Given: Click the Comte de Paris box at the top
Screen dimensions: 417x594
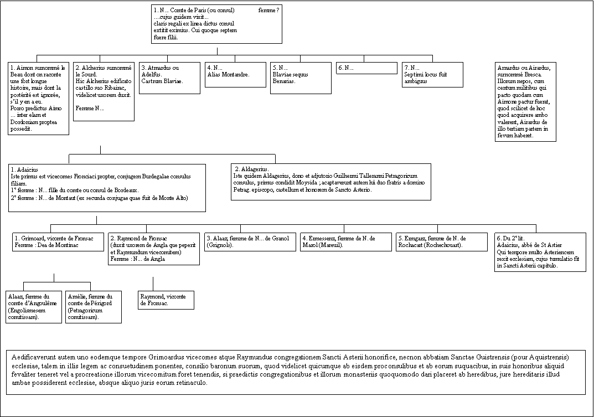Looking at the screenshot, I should pyautogui.click(x=217, y=24).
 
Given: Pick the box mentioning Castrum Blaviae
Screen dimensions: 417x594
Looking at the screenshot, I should pyautogui.click(x=169, y=78).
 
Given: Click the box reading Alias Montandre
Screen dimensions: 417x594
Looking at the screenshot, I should pyautogui.click(x=235, y=74).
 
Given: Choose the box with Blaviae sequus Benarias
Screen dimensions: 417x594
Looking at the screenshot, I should pyautogui.click(x=301, y=78).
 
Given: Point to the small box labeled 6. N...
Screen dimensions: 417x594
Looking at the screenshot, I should pyautogui.click(x=366, y=68).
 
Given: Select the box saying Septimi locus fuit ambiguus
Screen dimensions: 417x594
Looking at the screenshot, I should pyautogui.click(x=432, y=74).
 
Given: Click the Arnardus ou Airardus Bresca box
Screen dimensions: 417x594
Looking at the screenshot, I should pyautogui.click(x=525, y=101).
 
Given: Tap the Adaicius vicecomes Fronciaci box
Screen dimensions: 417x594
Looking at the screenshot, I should pyautogui.click(x=107, y=187).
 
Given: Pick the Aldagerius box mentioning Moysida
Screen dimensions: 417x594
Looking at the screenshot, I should pyautogui.click(x=330, y=182).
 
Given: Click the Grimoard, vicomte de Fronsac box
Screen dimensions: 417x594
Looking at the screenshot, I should pyautogui.click(x=58, y=242).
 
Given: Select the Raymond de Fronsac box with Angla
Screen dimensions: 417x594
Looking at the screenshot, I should pyautogui.click(x=153, y=249).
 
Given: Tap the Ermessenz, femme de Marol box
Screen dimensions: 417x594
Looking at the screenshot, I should pyautogui.click(x=344, y=242).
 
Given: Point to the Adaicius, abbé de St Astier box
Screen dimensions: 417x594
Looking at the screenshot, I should pyautogui.click(x=540, y=252).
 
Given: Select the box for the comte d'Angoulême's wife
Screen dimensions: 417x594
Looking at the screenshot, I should pyautogui.click(x=33, y=306).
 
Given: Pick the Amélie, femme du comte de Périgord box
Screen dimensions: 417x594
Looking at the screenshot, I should pyautogui.click(x=93, y=306).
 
